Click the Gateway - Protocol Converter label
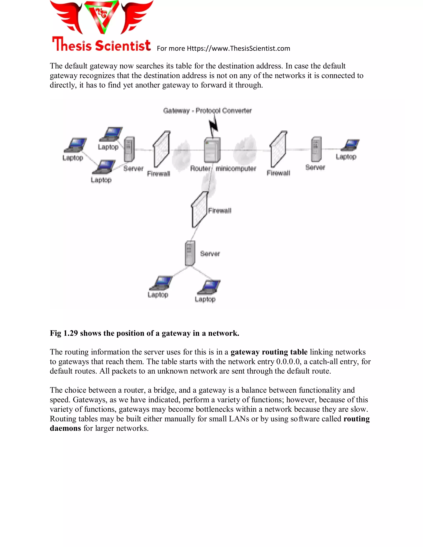coord(207,110)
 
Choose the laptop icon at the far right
coord(351,145)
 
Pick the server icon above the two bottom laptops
coord(190,253)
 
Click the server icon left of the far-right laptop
coord(316,149)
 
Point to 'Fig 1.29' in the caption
coord(64,333)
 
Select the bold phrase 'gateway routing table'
coord(269,352)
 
